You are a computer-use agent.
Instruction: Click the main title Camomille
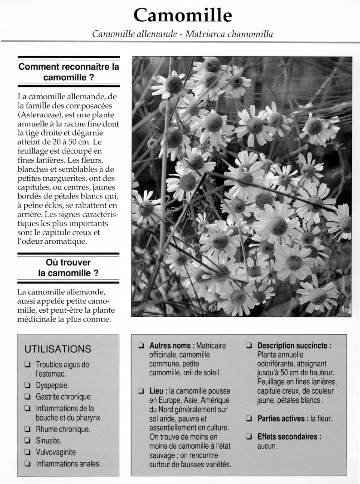(183, 15)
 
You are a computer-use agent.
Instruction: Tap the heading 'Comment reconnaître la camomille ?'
(68, 72)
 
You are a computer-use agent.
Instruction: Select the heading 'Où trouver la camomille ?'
(68, 268)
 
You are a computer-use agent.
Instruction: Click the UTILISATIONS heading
(58, 349)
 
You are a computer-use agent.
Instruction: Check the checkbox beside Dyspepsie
(28, 386)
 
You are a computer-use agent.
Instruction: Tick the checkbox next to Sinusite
(28, 440)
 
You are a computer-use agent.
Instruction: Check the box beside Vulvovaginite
(28, 452)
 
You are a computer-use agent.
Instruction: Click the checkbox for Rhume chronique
(28, 429)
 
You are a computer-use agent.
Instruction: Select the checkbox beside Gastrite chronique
(28, 397)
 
